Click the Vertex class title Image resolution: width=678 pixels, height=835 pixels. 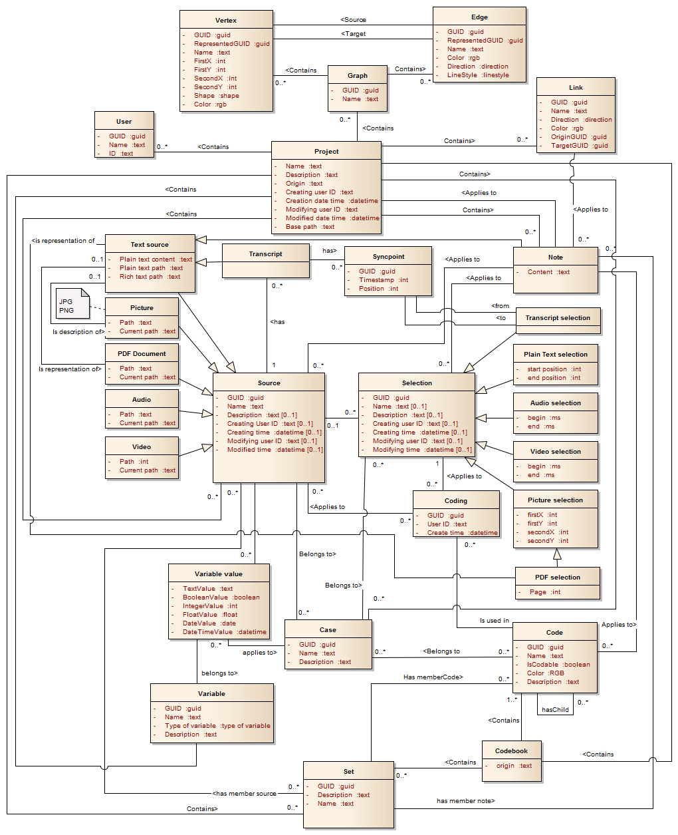[x=226, y=20]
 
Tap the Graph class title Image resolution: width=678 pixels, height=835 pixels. [x=357, y=75]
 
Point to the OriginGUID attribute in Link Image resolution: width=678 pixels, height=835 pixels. [x=578, y=137]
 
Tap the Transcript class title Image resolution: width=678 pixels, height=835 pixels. [x=265, y=254]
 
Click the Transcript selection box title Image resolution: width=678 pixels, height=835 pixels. [x=557, y=318]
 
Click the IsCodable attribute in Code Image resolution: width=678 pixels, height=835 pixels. [x=558, y=665]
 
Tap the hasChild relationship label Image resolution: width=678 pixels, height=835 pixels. [x=555, y=710]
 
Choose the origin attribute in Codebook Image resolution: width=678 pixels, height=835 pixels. [x=514, y=766]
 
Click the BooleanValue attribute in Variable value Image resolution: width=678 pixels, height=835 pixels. [x=221, y=597]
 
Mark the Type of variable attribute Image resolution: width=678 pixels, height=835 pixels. [x=217, y=726]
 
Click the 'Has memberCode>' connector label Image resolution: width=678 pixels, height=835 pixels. [x=433, y=677]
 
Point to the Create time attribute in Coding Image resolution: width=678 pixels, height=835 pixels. [x=462, y=533]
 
